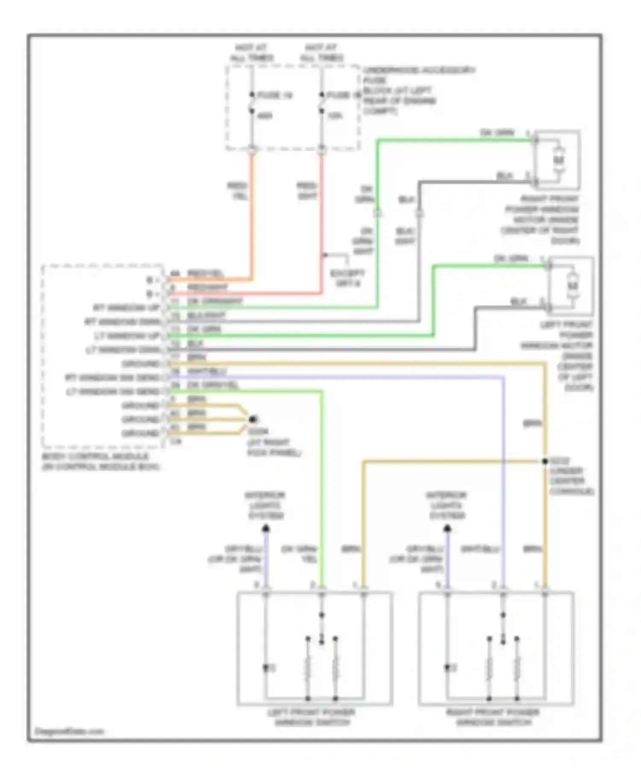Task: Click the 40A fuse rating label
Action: click(265, 116)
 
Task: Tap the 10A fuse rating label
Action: click(335, 116)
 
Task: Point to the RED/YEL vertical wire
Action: click(252, 214)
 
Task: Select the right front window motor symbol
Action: click(559, 160)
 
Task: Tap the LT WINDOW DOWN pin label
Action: click(123, 350)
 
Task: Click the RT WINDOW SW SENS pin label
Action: click(112, 378)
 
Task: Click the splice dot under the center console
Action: click(545, 461)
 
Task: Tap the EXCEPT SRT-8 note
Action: click(348, 278)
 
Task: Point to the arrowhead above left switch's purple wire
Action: click(266, 529)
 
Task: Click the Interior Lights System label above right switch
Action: click(447, 505)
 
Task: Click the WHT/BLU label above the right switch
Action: click(480, 549)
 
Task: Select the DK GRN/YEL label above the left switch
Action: click(299, 554)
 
